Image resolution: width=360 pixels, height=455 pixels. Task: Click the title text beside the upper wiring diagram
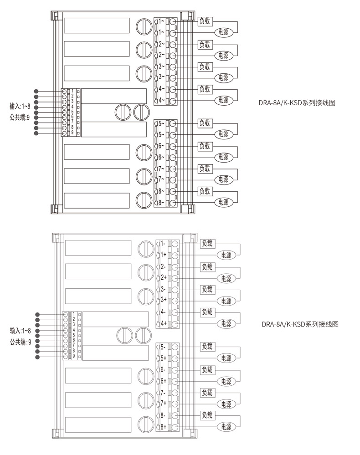297,103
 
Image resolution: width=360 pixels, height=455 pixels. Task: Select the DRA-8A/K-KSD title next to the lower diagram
300,324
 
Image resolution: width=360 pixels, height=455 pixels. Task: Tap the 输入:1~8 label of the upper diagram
20,106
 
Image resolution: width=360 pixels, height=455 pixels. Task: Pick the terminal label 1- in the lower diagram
163,244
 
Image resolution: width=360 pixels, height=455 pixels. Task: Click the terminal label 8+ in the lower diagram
163,427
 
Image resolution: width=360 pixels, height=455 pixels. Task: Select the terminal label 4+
163,323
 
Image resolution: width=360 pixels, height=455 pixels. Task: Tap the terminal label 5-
163,347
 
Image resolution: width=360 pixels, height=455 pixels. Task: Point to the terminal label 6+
163,381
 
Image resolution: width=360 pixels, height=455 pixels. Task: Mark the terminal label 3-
163,289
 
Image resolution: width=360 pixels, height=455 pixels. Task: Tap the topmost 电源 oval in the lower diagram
226,255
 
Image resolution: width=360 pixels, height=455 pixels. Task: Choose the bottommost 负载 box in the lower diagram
207,415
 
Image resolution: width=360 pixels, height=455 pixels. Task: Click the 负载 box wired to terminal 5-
207,347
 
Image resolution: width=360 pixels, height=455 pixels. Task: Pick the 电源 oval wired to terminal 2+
226,278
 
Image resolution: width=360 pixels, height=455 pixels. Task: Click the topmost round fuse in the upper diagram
144,25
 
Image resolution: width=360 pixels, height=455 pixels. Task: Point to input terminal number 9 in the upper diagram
72,132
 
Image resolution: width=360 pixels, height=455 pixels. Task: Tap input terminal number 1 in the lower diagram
74,314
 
